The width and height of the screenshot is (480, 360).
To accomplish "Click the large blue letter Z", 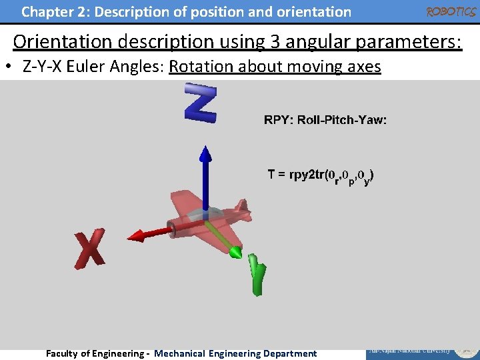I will [x=201, y=103].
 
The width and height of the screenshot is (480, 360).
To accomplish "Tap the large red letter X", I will [x=89, y=251].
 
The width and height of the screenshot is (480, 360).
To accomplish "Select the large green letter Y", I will [x=257, y=273].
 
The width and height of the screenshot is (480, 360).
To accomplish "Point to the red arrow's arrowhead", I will [x=137, y=235].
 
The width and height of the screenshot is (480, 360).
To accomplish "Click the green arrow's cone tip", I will [x=235, y=253].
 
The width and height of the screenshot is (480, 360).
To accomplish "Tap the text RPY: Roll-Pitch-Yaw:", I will [x=325, y=120].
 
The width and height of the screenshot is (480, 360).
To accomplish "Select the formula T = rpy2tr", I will [x=297, y=175].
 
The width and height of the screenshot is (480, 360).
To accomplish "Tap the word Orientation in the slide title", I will [x=63, y=41].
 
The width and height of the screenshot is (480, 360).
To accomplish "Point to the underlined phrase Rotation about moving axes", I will [x=275, y=67].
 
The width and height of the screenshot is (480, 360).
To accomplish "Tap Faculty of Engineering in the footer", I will [x=93, y=353].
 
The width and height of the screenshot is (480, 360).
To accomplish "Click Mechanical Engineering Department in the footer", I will [x=235, y=353].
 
